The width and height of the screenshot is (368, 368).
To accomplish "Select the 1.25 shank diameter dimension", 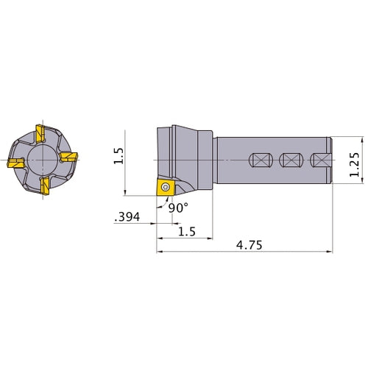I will tap(355, 161).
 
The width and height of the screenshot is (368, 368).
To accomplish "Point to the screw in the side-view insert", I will tap(166, 188).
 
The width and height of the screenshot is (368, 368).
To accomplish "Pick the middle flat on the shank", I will tap(290, 160).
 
